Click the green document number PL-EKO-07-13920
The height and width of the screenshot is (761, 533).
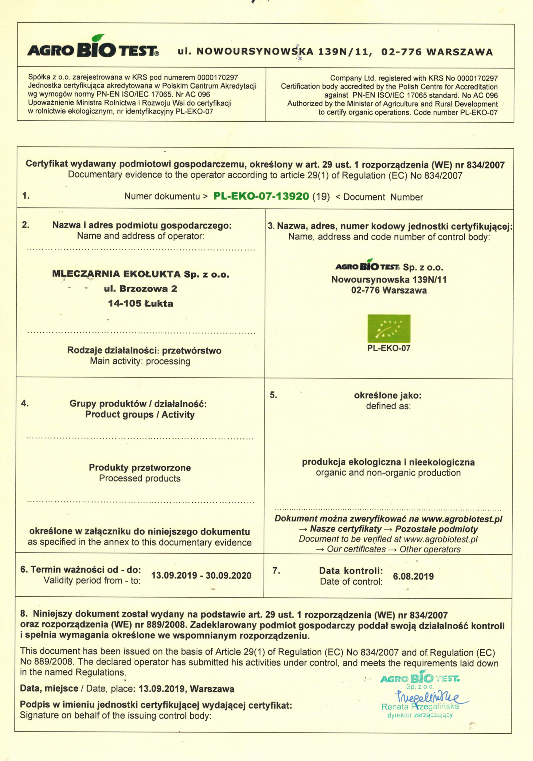pos(261,196)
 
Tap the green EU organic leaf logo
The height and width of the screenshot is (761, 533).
pos(389,328)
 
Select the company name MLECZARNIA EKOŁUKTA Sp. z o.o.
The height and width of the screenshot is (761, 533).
pos(141,274)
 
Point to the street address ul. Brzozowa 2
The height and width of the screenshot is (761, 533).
pos(140,289)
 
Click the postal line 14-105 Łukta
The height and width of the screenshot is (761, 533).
pos(140,303)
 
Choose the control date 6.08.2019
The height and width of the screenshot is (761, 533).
pos(413,576)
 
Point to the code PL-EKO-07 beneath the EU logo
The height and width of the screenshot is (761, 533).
pos(389,348)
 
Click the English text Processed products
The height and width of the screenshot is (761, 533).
pos(140,478)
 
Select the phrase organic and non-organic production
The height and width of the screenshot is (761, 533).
pos(388,473)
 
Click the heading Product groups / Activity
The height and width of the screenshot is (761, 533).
pos(140,415)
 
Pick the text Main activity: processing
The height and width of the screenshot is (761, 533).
pos(140,361)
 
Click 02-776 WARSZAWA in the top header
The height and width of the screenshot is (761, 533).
pos(437,52)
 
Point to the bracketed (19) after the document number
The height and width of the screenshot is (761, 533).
pos(321,196)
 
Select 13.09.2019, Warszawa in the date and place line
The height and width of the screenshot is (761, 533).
pos(186,689)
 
